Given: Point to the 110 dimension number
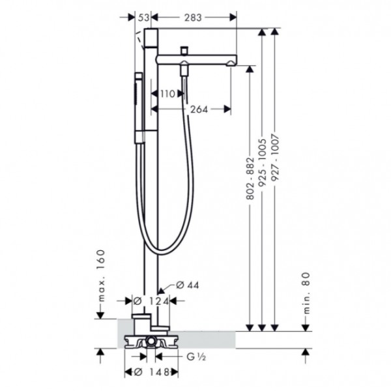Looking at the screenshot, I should (x=167, y=94).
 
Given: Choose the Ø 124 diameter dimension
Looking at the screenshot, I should (x=151, y=300).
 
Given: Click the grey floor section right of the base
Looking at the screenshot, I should (x=209, y=337).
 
